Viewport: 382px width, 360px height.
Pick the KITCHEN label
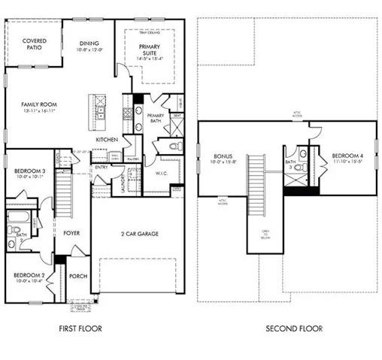[106, 141]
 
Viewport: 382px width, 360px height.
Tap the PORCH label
[78, 276]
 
